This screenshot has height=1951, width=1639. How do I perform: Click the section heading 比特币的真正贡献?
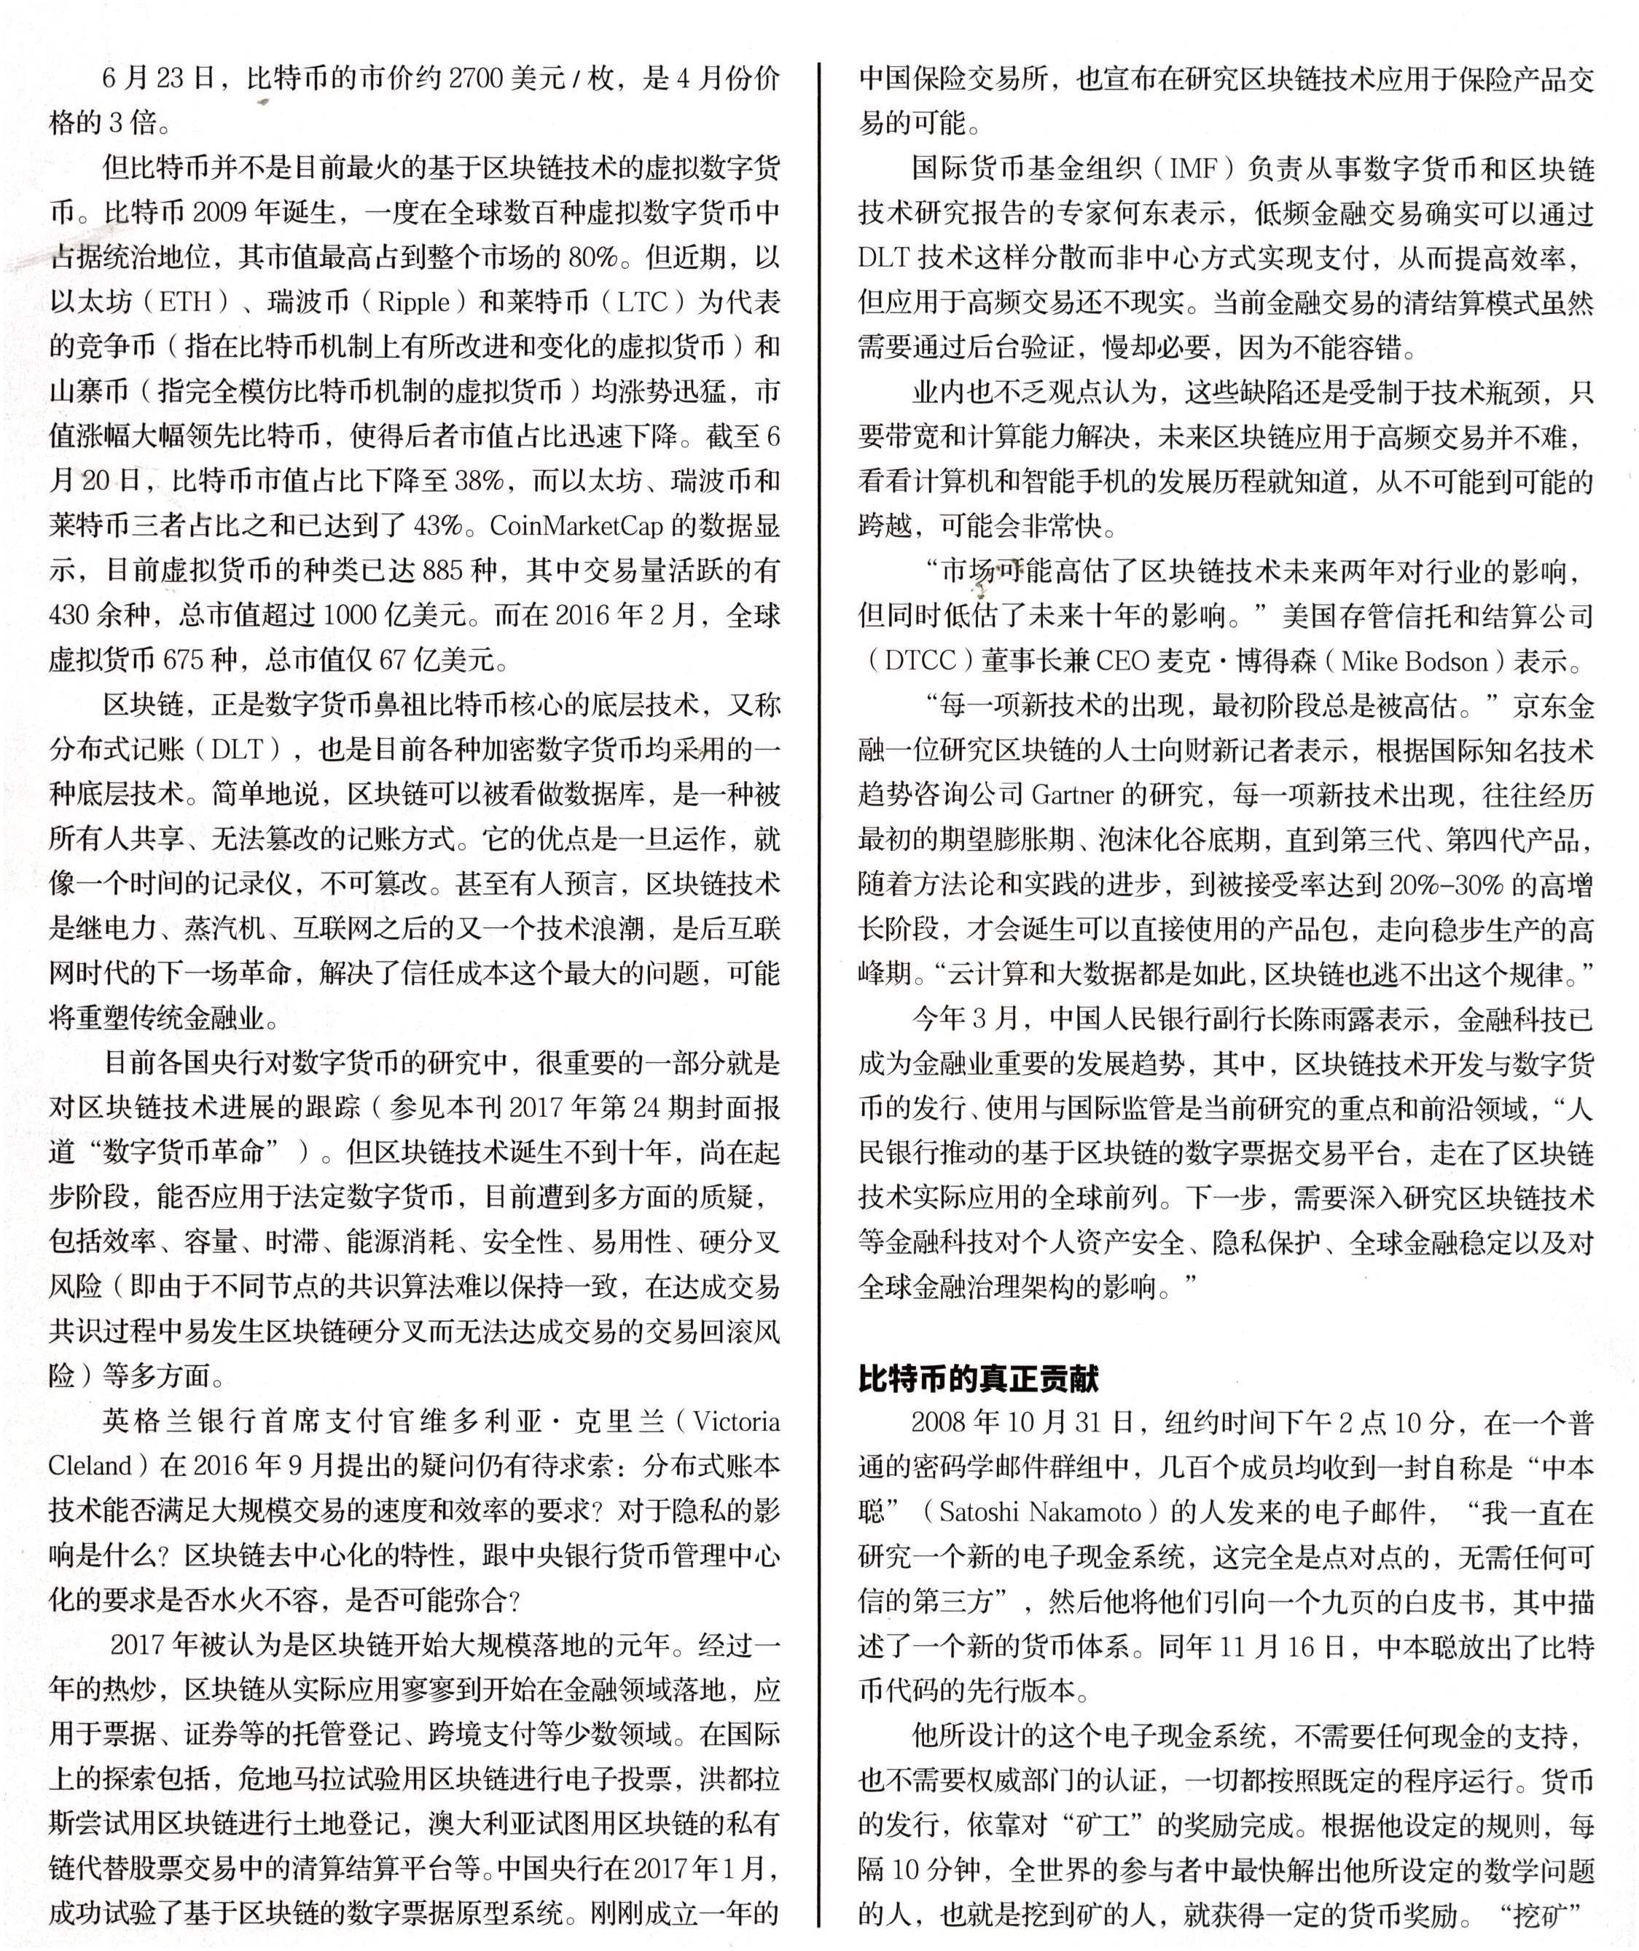coord(977,1378)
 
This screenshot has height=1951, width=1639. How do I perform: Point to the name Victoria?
coord(738,1422)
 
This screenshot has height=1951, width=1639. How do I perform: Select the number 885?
coord(442,570)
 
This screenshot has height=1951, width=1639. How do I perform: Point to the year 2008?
coord(945,1422)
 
